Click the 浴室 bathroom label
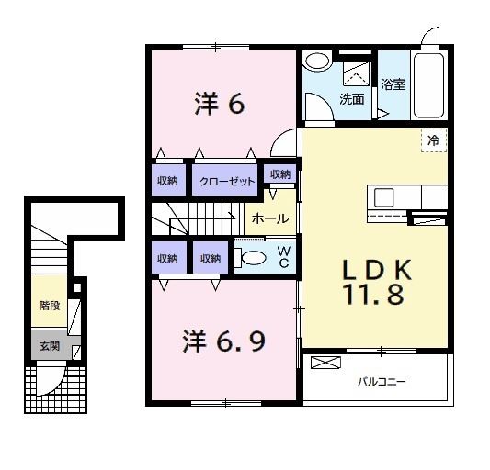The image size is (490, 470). click(393, 84)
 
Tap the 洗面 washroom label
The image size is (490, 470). click(352, 99)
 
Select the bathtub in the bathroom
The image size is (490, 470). click(428, 85)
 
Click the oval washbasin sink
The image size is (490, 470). click(317, 61)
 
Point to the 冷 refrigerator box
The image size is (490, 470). click(434, 140)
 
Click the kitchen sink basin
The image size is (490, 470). click(383, 197)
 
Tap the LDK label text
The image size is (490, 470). click(377, 270)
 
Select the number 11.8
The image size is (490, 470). click(374, 295)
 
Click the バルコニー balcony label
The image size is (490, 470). click(382, 381)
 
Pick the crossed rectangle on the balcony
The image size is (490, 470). click(325, 363)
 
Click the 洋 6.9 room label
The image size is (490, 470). click(224, 341)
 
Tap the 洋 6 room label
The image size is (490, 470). click(220, 104)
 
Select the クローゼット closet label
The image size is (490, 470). click(227, 182)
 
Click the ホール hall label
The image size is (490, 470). click(270, 218)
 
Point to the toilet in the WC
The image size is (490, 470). click(250, 258)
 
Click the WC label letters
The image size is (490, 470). click(284, 257)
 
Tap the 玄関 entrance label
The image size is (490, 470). click(50, 346)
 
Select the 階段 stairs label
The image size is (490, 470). click(50, 306)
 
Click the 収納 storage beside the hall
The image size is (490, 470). click(280, 174)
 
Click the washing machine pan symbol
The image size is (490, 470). click(357, 74)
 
